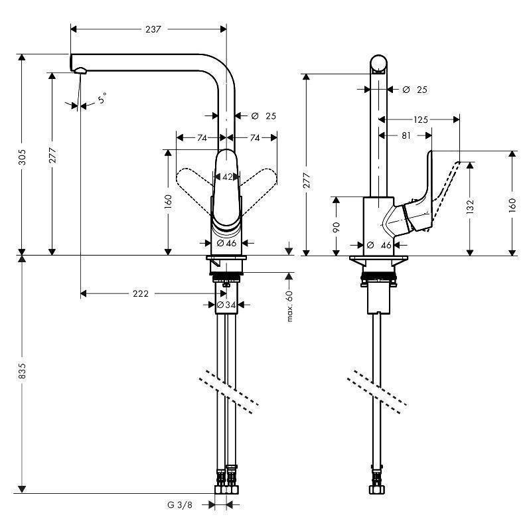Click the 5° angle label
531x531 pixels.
(102, 100)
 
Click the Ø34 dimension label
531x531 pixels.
(227, 305)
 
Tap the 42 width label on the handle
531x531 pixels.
(227, 177)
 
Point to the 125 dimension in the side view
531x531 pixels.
(419, 119)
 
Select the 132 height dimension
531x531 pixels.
(470, 207)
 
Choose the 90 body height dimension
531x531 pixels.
(337, 226)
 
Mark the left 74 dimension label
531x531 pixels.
(202, 137)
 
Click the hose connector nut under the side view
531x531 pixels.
(377, 489)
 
